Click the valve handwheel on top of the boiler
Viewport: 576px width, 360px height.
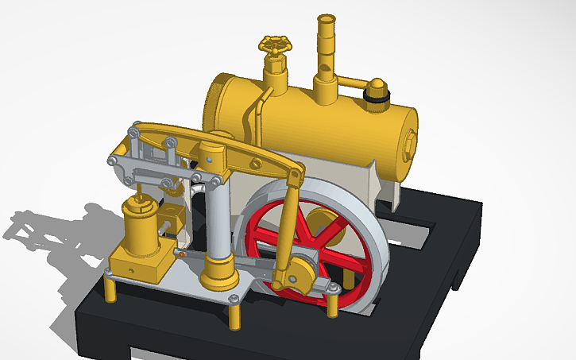pos(276,45)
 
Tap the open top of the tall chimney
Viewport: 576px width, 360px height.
pos(326,17)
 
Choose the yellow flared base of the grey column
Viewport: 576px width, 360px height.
pos(219,274)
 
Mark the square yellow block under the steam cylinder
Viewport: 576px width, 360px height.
pos(138,263)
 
